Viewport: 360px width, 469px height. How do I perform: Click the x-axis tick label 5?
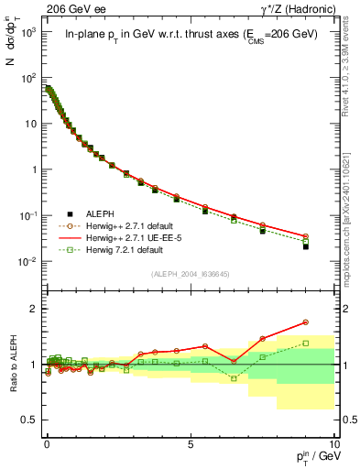tap(191, 442)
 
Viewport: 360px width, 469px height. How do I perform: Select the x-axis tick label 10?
tap(332, 442)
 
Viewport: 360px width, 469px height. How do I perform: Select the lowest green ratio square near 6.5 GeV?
tap(234, 378)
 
